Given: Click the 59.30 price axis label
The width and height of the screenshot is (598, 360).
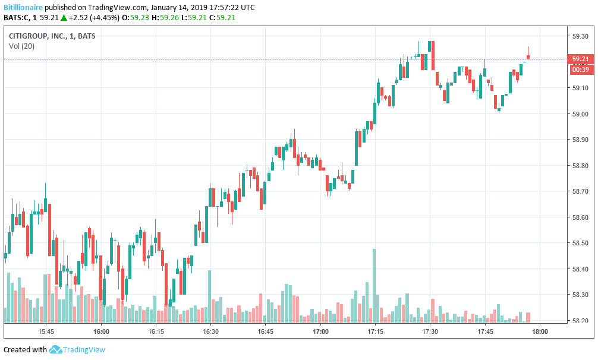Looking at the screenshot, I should [580, 36].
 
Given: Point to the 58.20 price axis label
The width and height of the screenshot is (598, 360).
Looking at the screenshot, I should [580, 321].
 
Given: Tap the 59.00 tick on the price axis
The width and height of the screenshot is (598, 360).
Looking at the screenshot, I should [580, 114].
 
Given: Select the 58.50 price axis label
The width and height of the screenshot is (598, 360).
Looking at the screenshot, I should [580, 244].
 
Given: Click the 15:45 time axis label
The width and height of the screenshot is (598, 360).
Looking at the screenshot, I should [46, 331].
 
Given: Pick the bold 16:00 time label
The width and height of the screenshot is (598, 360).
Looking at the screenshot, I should [101, 331].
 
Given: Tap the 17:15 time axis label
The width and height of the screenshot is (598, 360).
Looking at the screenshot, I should [375, 331].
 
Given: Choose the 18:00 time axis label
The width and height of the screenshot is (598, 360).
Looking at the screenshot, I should [540, 331].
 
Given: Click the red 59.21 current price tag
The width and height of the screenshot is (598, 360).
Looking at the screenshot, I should [580, 59].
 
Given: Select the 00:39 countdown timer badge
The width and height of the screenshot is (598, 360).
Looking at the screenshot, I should [580, 70].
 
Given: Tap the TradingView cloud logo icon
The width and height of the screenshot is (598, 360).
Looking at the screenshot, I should [56, 350].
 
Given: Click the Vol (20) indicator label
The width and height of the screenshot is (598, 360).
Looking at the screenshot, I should [21, 46].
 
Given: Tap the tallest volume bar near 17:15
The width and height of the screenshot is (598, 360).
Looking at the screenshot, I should [374, 286].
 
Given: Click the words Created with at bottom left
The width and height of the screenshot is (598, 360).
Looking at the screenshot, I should [25, 350].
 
